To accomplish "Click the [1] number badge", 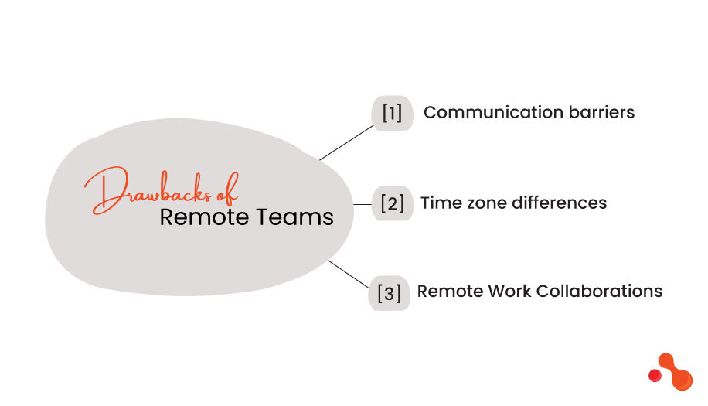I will tap(393, 113).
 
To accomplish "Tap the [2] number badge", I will tap(393, 204).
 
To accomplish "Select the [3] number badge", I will tap(389, 293).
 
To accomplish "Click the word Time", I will tap(438, 203).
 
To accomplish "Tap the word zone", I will tap(484, 203).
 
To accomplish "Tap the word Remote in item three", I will tap(450, 292).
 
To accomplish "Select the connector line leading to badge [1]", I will tap(346, 142).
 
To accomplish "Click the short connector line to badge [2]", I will tap(363, 204).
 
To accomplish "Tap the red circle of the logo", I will tap(655, 375).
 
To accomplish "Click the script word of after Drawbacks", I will tap(226, 188).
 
